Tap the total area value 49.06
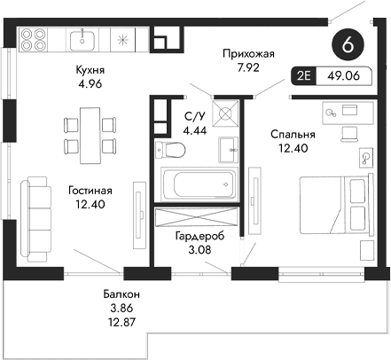342,78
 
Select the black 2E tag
304,78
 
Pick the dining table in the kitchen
89,130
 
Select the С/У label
194,116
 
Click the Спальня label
293,134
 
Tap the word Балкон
119,293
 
